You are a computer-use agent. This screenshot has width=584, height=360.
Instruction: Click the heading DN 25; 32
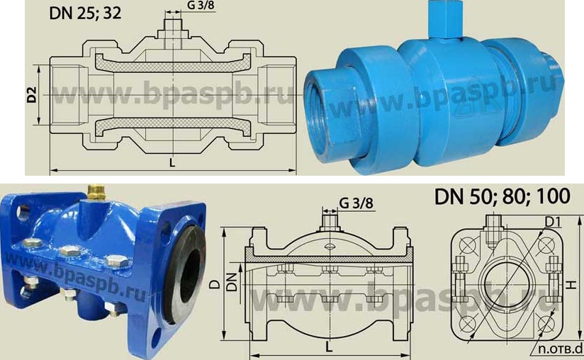[x=85, y=13]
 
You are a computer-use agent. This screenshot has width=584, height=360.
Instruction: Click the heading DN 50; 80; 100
[x=502, y=196]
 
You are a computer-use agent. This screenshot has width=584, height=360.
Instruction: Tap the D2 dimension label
[x=32, y=94]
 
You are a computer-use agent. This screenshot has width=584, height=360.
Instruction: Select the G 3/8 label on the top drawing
[x=201, y=5]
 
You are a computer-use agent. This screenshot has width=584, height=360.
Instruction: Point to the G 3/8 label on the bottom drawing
[x=356, y=203]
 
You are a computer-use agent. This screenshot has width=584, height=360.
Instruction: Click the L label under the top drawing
[x=172, y=163]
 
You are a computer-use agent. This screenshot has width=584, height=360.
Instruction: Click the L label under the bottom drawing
[x=329, y=347]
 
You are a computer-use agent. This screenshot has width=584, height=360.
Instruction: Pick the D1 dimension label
[x=553, y=223]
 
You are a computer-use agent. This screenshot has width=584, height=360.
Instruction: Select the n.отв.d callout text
[x=560, y=349]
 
